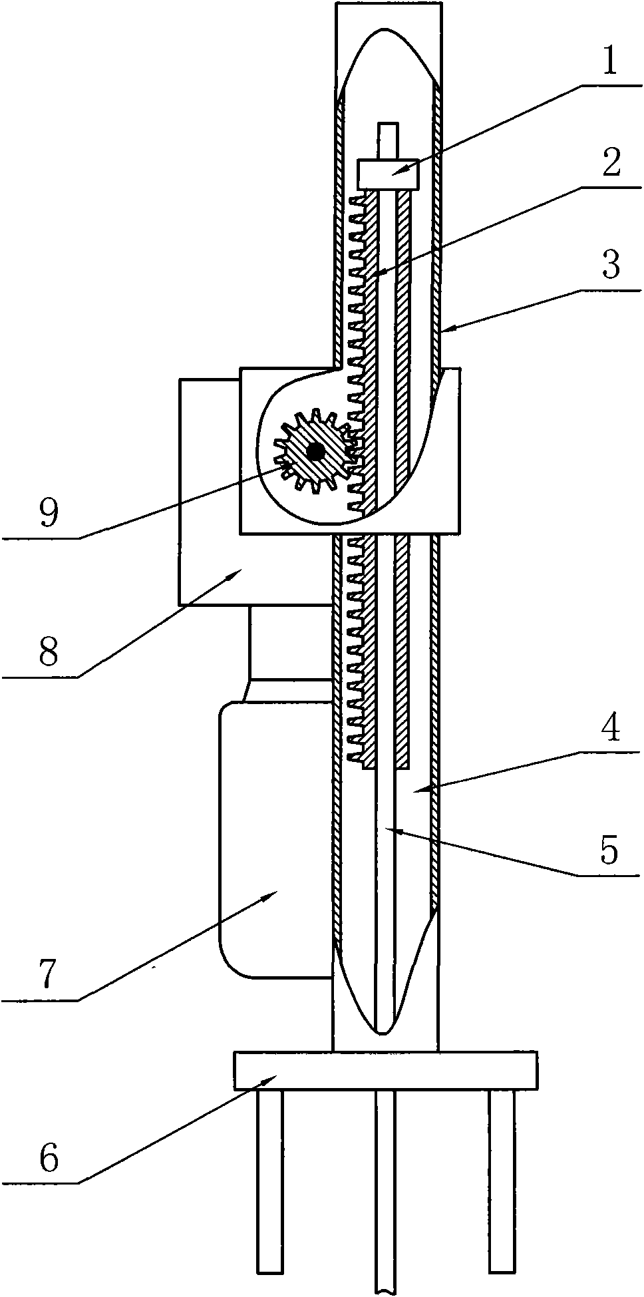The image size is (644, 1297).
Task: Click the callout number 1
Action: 610,63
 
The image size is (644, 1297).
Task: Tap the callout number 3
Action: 610,266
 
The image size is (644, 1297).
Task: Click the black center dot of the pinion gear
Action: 315,452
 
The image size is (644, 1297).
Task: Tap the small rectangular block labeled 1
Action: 388,174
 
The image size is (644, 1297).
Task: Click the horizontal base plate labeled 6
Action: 386,1070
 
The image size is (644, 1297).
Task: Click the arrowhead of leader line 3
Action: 442,331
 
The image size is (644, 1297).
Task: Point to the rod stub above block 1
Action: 387,140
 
